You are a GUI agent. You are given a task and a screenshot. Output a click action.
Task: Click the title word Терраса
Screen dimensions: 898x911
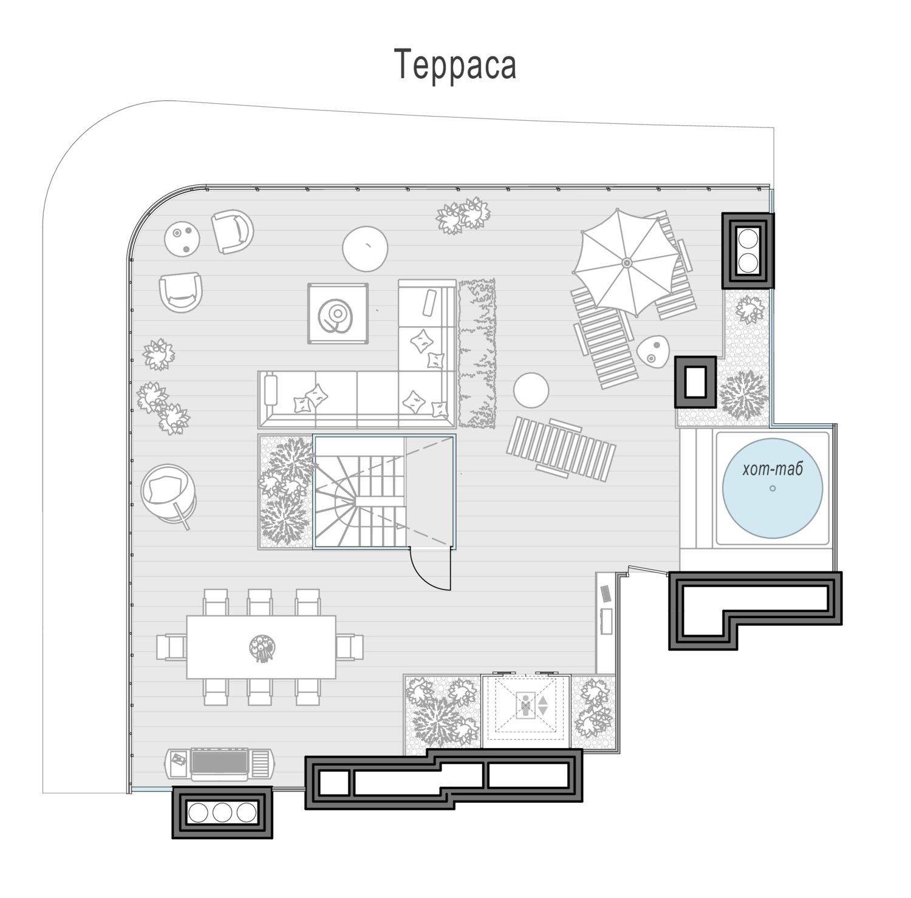pyautogui.click(x=455, y=65)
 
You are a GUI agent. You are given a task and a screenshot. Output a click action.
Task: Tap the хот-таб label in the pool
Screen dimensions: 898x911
pyautogui.click(x=773, y=469)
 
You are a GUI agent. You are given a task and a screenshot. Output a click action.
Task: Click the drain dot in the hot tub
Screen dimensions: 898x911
pyautogui.click(x=773, y=488)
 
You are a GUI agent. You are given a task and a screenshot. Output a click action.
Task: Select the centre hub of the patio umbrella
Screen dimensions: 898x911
pyautogui.click(x=627, y=262)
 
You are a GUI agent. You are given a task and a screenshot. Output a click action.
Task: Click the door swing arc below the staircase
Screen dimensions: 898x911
pyautogui.click(x=428, y=574)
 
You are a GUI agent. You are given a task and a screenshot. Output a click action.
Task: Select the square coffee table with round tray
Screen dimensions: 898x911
pyautogui.click(x=338, y=314)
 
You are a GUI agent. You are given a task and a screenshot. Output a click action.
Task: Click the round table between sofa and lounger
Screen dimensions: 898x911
pyautogui.click(x=531, y=390)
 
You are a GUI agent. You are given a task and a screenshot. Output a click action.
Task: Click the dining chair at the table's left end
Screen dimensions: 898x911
pyautogui.click(x=171, y=647)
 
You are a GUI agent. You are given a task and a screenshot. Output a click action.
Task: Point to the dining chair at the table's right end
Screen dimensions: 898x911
pyautogui.click(x=350, y=647)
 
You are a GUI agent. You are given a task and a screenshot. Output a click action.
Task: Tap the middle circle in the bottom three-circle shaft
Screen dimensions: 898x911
pyautogui.click(x=222, y=812)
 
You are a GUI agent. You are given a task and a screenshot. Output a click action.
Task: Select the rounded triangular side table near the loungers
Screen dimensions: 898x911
pyautogui.click(x=653, y=352)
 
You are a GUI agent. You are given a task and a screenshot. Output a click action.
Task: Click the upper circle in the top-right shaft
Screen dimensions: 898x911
pyautogui.click(x=748, y=238)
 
